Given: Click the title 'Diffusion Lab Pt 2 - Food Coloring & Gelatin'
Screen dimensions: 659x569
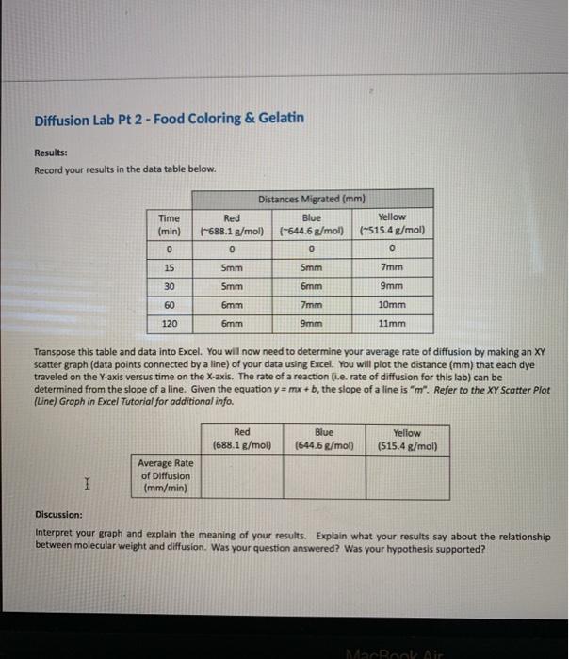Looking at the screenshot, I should click(x=170, y=119).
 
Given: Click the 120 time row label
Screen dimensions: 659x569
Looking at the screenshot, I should click(x=169, y=322).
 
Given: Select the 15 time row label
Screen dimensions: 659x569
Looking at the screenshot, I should click(x=169, y=267).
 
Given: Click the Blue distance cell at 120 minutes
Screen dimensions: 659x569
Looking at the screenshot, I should click(x=312, y=322).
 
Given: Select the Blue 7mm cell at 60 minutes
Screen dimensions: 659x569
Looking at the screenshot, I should click(x=312, y=304).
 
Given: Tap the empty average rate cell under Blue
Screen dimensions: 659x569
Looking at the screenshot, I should click(x=323, y=475).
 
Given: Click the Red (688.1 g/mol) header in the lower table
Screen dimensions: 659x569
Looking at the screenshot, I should click(x=242, y=440).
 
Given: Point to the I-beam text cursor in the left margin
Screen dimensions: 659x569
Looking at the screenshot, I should click(x=87, y=485).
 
